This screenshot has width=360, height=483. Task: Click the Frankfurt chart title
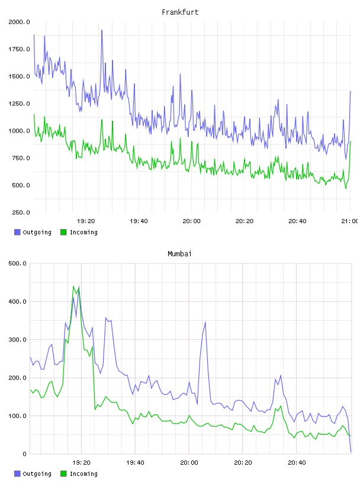click(180, 12)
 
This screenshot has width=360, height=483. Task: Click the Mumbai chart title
click(179, 254)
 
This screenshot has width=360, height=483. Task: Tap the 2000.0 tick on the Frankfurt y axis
click(19, 22)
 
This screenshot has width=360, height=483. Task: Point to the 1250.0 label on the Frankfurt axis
click(19, 104)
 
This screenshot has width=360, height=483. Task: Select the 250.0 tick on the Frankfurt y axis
click(21, 212)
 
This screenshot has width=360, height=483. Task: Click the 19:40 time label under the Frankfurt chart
click(139, 221)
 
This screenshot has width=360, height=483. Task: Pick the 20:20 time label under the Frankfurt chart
click(245, 221)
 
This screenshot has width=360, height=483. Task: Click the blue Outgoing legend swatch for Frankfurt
click(17, 232)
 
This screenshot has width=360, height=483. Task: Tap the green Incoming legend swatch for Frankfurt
click(63, 232)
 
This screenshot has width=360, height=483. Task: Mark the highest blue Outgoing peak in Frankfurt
click(102, 30)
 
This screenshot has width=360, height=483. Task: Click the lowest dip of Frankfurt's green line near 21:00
click(346, 188)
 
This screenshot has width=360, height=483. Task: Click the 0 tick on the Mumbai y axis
click(25, 454)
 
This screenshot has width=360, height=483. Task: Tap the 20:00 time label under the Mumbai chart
click(189, 463)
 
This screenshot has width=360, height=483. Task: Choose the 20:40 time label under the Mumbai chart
click(297, 463)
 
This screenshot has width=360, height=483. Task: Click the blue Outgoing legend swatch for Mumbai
click(17, 474)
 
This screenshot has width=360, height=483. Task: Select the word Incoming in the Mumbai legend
click(83, 474)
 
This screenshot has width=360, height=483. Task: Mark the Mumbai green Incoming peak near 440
click(73, 286)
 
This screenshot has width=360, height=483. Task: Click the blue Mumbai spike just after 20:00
click(205, 322)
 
